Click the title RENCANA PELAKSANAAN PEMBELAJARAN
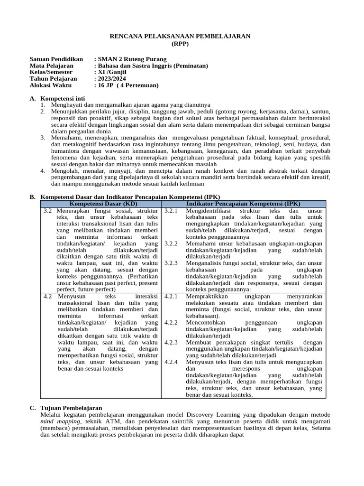click(x=180, y=36)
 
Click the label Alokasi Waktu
click(x=50, y=85)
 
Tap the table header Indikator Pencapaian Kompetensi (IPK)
click(x=244, y=203)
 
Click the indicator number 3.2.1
click(x=171, y=210)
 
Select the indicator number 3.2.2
click(x=171, y=243)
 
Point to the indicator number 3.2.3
click(x=171, y=262)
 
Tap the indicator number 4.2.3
click(x=171, y=342)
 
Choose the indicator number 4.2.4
click(x=171, y=362)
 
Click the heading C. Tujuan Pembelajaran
click(x=65, y=408)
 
